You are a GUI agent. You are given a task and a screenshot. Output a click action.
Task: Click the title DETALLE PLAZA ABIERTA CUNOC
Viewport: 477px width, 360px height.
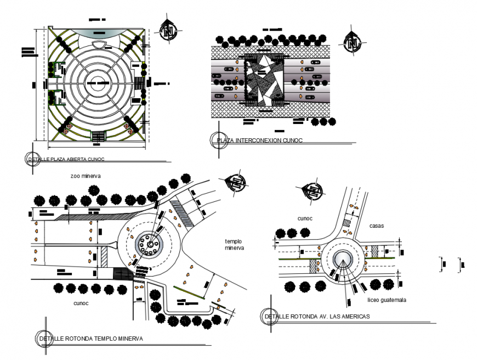(x=66, y=159)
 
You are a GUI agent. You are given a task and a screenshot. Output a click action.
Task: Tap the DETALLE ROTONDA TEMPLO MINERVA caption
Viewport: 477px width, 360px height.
(x=91, y=339)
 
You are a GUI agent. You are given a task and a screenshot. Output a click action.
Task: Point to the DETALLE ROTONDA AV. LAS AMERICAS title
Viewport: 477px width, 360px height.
(x=317, y=317)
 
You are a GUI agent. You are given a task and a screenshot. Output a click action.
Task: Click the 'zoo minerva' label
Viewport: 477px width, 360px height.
(x=86, y=176)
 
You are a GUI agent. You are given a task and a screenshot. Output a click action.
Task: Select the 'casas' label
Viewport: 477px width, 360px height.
(x=376, y=226)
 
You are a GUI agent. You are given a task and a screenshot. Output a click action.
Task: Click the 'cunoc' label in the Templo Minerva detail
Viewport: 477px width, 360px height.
(x=81, y=303)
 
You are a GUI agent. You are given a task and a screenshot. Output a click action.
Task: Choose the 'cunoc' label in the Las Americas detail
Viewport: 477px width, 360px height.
(x=305, y=218)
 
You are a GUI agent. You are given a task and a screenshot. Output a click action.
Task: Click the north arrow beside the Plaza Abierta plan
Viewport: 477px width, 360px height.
(x=168, y=31)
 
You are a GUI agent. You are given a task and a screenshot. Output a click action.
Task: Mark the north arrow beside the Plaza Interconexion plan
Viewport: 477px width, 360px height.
(x=351, y=42)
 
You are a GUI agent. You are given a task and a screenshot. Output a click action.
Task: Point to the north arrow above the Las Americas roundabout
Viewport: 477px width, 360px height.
(x=315, y=192)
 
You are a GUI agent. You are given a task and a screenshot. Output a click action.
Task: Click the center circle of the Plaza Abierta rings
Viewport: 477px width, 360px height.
(x=99, y=85)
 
